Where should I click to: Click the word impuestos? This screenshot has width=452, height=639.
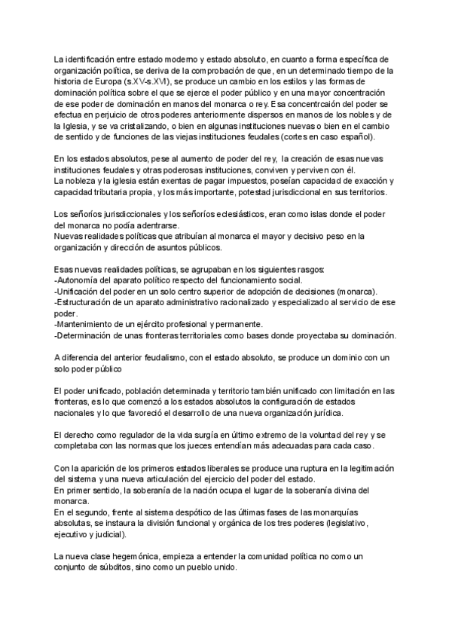click(236, 182)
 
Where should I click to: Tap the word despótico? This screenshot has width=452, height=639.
click(179, 512)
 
